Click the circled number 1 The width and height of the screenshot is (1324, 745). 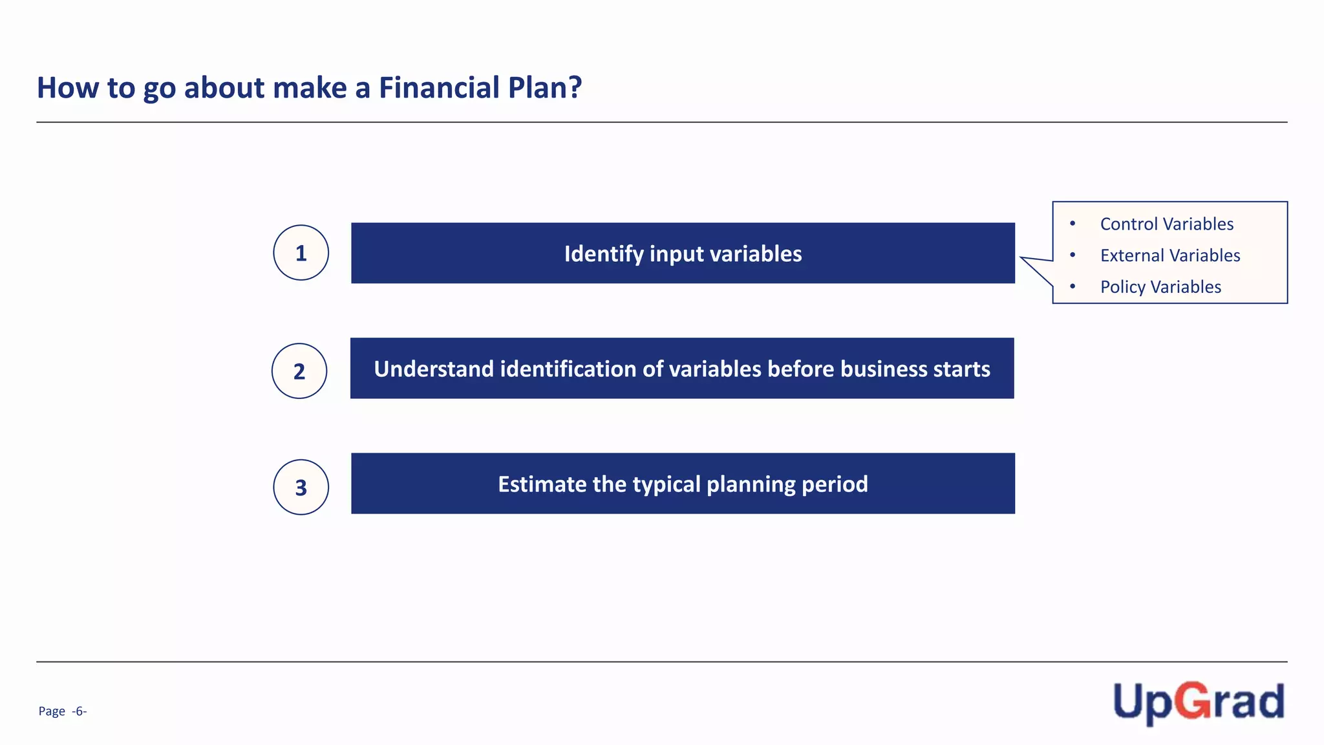click(301, 253)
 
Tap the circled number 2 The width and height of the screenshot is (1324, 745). click(299, 371)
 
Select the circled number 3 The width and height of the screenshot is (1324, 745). click(301, 488)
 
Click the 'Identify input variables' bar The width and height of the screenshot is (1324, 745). click(683, 254)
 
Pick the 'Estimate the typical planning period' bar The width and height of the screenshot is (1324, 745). click(683, 484)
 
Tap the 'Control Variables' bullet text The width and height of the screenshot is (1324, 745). click(1166, 224)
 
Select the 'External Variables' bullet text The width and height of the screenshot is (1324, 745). click(1169, 255)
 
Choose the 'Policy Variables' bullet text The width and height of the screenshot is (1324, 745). click(1160, 286)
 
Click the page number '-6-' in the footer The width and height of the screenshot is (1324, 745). click(80, 711)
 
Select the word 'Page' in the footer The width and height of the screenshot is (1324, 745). click(52, 711)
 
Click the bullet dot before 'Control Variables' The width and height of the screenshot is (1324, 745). click(1073, 224)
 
